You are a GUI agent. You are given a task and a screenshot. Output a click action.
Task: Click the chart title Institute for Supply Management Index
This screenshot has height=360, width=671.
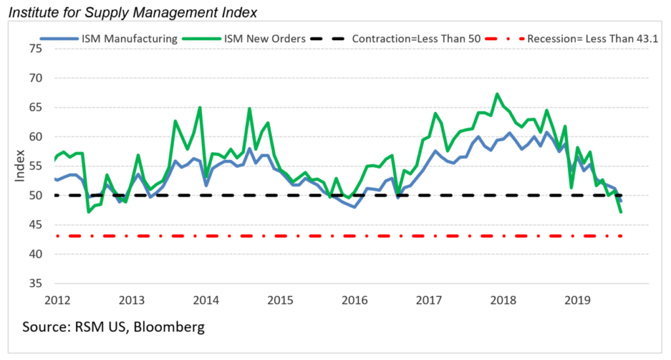point(128,12)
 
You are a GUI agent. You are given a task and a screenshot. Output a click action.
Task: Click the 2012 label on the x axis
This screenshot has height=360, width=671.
point(58,300)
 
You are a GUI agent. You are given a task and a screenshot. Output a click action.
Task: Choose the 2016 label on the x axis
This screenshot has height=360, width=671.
point(355,300)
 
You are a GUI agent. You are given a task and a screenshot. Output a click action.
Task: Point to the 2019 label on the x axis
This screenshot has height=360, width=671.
point(577,300)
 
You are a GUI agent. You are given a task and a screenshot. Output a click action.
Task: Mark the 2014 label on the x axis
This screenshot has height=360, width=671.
point(206,300)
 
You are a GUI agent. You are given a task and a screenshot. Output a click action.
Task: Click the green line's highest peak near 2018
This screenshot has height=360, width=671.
point(497,94)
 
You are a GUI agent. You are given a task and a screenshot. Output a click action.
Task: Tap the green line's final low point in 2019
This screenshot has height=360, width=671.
point(621,212)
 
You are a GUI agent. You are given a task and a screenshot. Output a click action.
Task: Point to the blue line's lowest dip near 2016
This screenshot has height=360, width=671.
point(355,207)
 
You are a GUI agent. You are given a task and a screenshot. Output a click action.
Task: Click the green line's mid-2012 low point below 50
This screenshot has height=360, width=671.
point(88,212)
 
